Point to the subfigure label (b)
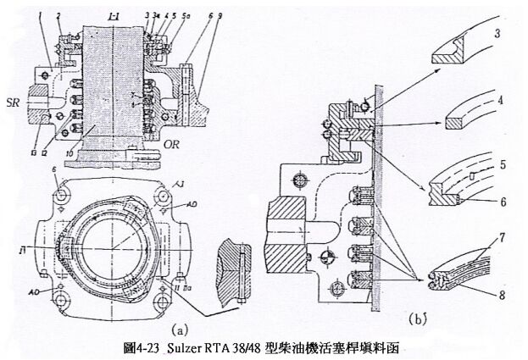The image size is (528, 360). pyautogui.click(x=418, y=319)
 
